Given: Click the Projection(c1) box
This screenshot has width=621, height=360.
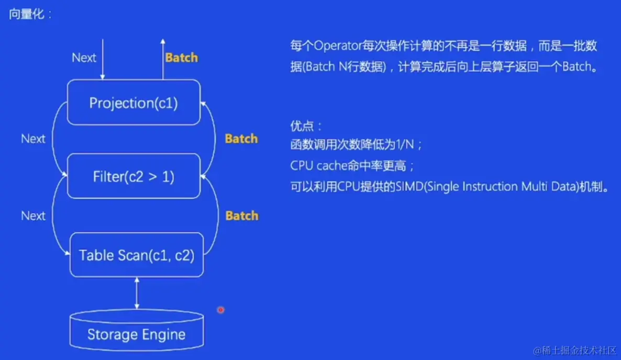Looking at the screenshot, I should point(134,103).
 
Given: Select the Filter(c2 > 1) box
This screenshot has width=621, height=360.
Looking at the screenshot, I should point(134,176).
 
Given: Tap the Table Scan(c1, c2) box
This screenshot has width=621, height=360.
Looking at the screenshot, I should point(136,255).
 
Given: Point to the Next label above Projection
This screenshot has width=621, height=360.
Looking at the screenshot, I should point(84,58).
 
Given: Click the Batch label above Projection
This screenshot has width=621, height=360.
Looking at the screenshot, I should point(182,58).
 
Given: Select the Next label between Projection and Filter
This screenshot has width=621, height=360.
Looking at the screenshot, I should point(33,139).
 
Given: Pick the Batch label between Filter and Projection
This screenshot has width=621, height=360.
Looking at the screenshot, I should point(241,139).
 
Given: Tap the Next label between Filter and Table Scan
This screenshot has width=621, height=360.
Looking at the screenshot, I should point(33,216).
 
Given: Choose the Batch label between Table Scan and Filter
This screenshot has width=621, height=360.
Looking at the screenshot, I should point(242,216).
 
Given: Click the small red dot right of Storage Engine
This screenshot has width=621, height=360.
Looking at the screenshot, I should point(221,310).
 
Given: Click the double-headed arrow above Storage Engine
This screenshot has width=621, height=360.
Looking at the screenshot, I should point(137,294).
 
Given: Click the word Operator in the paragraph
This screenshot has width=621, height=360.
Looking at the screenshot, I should point(338,46).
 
